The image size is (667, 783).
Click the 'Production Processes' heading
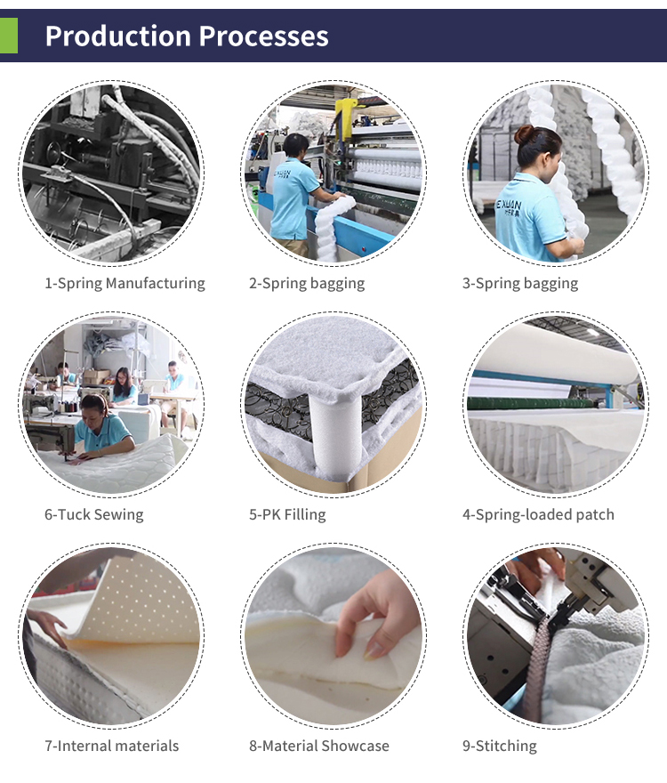pyautogui.click(x=187, y=36)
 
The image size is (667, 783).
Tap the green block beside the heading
pyautogui.click(x=9, y=36)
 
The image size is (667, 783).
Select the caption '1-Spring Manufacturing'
pyautogui.click(x=125, y=284)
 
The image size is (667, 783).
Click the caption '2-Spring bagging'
pyautogui.click(x=307, y=284)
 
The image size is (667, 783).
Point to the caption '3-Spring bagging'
pyautogui.click(x=520, y=284)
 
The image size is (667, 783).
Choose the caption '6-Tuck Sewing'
pyautogui.click(x=94, y=514)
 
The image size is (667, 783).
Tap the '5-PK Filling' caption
pyautogui.click(x=287, y=514)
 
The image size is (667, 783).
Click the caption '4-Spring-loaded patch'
pyautogui.click(x=538, y=514)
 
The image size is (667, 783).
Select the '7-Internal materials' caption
pyautogui.click(x=112, y=746)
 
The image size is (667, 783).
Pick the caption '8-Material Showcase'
pyautogui.click(x=319, y=746)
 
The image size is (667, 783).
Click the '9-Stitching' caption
pyautogui.click(x=500, y=746)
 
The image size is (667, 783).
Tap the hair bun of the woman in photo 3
pyautogui.click(x=525, y=135)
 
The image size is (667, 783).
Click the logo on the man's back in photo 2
pyautogui.click(x=282, y=174)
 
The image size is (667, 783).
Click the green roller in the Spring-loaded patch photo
pyautogui.click(x=529, y=403)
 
